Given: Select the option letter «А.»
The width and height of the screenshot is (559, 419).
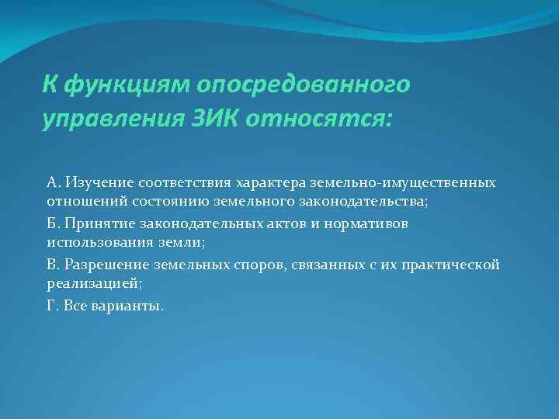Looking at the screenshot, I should pos(54,183).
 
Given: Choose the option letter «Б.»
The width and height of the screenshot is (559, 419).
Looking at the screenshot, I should pos(54,223).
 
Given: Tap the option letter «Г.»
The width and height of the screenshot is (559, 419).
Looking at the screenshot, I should pos(53,305).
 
